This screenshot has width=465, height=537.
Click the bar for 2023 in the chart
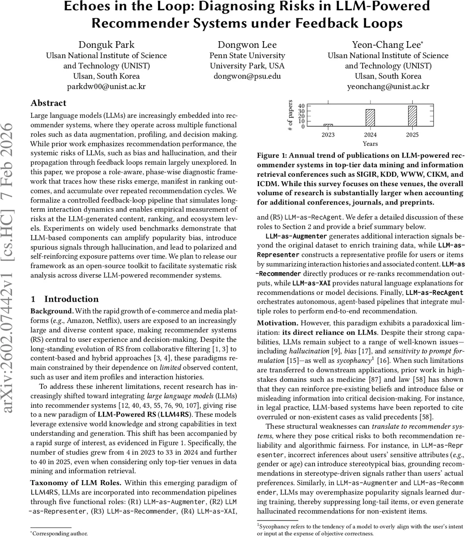[328, 125]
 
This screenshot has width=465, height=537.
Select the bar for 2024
[370, 118]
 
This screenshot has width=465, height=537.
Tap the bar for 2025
[412, 116]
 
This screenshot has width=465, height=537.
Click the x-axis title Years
[370, 144]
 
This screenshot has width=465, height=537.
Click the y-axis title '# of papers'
[290, 115]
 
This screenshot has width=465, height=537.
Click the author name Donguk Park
[106, 45]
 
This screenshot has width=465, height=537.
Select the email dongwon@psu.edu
[247, 76]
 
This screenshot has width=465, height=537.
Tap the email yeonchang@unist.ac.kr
[388, 86]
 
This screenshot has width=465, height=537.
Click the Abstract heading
[48, 103]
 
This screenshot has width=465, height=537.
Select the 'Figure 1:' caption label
[273, 155]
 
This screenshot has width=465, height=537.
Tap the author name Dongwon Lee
[247, 45]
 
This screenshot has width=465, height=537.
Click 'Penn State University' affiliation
[247, 55]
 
